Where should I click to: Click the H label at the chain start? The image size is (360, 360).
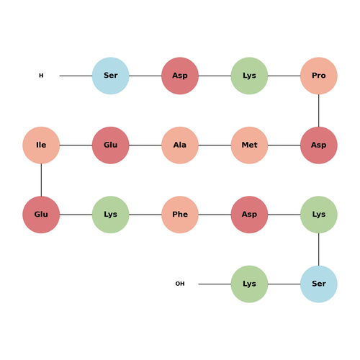tap(41, 76)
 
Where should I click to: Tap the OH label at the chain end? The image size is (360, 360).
tap(180, 284)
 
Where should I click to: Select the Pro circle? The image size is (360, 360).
tap(319, 76)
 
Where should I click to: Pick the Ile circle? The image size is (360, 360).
tap(41, 145)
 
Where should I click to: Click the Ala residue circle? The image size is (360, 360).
tap(180, 145)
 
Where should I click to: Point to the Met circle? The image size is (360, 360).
tap(249, 145)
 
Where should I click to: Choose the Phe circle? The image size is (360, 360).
tap(180, 215)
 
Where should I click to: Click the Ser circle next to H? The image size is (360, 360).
tap(111, 76)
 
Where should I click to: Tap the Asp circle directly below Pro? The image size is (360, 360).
tap(319, 145)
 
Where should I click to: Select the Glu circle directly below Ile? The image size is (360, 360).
tap(41, 215)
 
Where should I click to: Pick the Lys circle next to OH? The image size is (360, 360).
tap(249, 284)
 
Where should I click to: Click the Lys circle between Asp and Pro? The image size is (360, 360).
tap(249, 76)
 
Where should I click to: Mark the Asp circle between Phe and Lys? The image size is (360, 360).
tap(249, 215)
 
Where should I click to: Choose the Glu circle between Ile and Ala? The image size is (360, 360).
tap(111, 145)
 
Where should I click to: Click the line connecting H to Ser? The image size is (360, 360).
tap(76, 76)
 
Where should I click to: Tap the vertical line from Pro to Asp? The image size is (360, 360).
tap(319, 111)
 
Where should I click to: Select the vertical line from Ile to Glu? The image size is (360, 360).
tap(41, 180)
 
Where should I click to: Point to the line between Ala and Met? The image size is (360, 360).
tap(215, 145)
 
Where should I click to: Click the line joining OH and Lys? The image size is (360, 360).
tap(215, 284)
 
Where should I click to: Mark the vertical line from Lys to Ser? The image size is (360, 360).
tap(319, 249)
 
